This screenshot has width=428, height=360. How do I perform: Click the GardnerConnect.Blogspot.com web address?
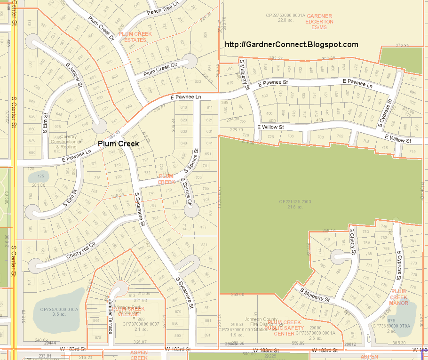pos(292,45)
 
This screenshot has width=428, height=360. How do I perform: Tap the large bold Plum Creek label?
pos(119,144)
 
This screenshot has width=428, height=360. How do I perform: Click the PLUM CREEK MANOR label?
pos(399,297)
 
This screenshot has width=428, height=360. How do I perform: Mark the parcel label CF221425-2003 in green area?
pos(295,204)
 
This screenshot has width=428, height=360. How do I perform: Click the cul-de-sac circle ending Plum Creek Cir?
pos(189,61)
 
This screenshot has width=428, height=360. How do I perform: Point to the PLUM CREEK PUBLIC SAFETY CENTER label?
pos(284,328)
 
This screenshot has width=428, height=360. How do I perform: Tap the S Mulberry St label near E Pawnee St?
pos(244,75)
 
